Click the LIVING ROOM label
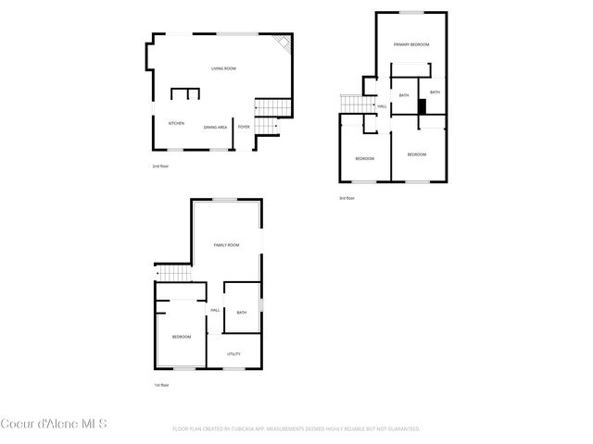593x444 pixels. pos(223,68)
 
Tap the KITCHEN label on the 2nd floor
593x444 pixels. pos(176,123)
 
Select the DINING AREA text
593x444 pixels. pos(216,127)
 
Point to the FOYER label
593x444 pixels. pos(244,127)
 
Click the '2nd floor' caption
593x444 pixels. pos(160,166)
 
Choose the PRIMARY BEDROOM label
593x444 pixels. pos(410,44)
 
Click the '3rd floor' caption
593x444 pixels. pos(347,198)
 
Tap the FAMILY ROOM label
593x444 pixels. pos(227,245)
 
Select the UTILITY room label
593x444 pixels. pos(234,353)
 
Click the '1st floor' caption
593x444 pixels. pos(161,385)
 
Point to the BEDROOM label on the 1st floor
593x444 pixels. pos(181,337)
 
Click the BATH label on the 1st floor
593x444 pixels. pos(242,313)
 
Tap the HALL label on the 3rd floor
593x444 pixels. pos(382,107)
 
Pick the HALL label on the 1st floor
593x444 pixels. pos(215,310)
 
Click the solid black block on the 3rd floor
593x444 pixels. pos(422,106)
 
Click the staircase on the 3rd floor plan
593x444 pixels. pos(351,104)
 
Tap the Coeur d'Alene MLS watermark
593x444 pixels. pos(54,425)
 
